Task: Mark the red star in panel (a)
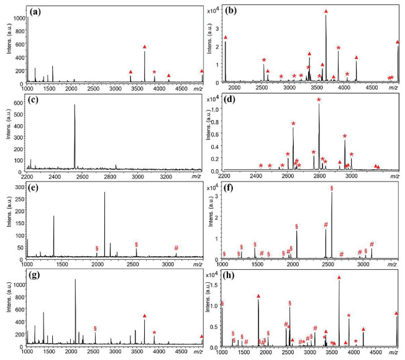155,72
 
